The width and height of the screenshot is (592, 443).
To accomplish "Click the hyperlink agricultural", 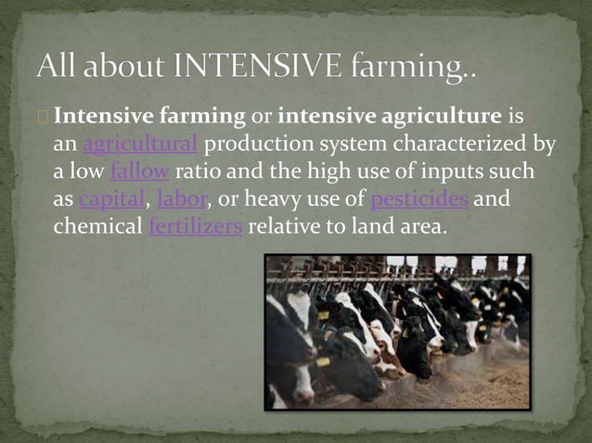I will pos(140,145).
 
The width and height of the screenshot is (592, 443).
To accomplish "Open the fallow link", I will pos(139,172).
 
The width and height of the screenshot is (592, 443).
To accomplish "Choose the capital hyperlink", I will pos(111,200).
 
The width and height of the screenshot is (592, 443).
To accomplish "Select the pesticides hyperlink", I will pos(418,200).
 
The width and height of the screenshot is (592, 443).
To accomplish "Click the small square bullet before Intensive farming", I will pos(46,118).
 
